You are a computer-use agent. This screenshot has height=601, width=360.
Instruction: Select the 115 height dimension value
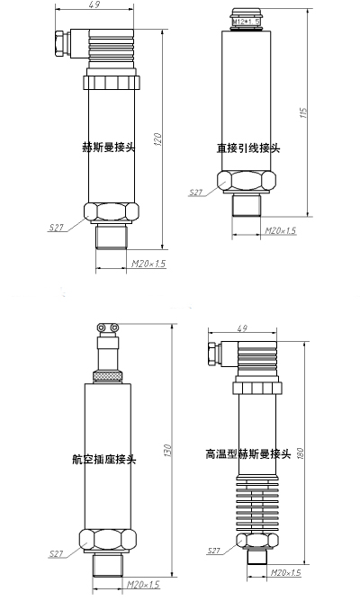tap(304, 112)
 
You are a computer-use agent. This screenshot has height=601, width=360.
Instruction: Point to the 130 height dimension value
tap(167, 451)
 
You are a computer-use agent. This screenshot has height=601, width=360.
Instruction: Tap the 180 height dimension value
tap(300, 454)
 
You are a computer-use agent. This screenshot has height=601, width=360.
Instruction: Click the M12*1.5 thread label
tap(247, 22)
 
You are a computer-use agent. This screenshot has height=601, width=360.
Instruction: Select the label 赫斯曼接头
tap(109, 148)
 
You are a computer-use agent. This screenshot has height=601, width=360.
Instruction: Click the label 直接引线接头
tap(248, 148)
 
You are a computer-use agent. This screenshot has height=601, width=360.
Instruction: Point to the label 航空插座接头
tap(104, 459)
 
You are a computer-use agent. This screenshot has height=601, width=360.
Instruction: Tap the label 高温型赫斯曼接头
tap(248, 454)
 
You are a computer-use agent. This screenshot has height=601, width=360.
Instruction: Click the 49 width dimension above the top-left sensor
tap(94, 4)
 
